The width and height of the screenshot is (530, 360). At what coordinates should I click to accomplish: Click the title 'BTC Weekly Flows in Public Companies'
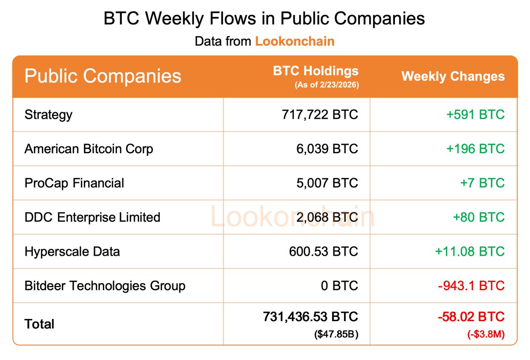[264, 19]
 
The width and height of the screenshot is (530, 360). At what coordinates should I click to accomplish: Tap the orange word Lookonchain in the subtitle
[295, 42]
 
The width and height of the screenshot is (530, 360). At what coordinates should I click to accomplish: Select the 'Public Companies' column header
[103, 76]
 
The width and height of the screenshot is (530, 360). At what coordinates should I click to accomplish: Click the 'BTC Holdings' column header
[316, 71]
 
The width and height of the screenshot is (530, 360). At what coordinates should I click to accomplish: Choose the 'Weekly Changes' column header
[453, 76]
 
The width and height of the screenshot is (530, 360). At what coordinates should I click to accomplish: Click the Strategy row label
[49, 115]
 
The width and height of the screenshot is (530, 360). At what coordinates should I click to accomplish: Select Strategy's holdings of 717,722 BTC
[320, 115]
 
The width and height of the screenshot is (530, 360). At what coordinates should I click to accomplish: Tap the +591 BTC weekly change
[475, 115]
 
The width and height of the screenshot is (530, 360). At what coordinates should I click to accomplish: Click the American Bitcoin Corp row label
[89, 149]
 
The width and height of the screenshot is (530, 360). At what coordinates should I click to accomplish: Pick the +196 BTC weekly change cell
[475, 149]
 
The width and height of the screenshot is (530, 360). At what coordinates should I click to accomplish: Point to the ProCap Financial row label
[74, 183]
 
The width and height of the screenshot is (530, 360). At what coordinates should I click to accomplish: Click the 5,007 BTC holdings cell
[327, 183]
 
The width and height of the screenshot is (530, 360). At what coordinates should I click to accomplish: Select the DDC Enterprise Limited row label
[92, 217]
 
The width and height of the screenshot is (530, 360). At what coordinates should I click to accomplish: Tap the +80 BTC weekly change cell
[479, 217]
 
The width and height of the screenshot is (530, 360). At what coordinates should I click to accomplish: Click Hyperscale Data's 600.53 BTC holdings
[323, 252]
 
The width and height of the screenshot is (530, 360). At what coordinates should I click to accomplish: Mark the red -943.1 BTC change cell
[471, 286]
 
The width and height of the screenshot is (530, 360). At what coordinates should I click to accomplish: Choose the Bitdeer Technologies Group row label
[105, 286]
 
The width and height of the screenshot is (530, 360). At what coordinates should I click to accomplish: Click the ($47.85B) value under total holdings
[336, 334]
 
